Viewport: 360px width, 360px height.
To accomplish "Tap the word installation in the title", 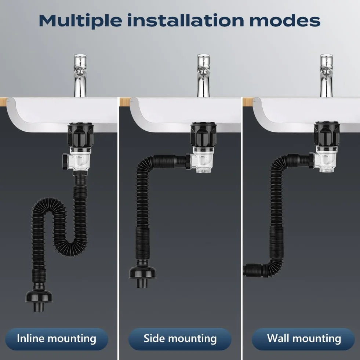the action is click(186, 20).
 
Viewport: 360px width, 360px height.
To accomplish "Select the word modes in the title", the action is click(285, 21).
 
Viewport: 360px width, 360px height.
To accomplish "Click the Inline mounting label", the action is click(57, 339).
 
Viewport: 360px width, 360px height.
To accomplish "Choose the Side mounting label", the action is click(180, 339).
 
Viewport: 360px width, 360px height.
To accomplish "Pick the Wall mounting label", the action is click(303, 339).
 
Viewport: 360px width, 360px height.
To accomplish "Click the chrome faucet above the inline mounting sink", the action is click(80, 76).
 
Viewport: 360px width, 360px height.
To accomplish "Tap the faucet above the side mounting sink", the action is click(203, 76).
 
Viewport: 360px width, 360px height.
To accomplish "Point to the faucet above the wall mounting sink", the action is click(327, 76).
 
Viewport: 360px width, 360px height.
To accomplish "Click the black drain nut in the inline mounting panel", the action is click(80, 135).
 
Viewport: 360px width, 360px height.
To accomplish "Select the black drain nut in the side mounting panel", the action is click(203, 135).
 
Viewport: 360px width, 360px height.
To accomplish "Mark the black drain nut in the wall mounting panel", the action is click(327, 135).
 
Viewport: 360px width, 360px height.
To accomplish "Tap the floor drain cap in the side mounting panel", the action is click(142, 276).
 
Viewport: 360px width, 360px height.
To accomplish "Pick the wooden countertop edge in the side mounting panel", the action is click(126, 101).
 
